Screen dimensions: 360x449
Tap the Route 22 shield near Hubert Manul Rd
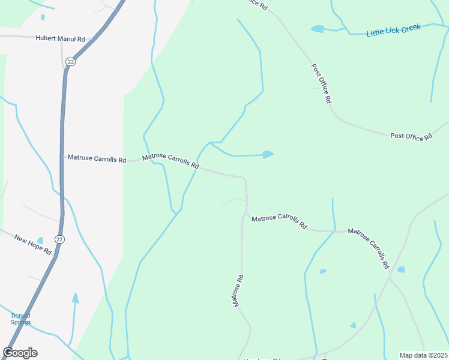[70, 61]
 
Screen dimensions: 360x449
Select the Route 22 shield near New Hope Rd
[59, 239]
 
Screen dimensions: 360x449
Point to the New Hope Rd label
[33, 244]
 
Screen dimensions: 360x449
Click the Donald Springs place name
[20, 319]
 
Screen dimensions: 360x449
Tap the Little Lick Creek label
[393, 31]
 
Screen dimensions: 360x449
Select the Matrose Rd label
[238, 291]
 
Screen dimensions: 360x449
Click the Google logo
[20, 353]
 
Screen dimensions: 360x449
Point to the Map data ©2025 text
[424, 355]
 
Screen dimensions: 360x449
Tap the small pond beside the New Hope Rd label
[40, 241]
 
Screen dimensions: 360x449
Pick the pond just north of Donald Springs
[75, 298]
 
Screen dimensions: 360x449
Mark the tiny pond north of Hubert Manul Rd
[43, 17]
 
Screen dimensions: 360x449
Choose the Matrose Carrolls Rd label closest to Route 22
[97, 159]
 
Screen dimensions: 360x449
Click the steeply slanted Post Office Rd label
[321, 84]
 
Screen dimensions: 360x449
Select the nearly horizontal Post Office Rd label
[411, 137]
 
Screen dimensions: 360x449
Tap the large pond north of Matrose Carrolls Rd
[268, 154]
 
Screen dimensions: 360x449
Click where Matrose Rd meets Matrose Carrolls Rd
[245, 214]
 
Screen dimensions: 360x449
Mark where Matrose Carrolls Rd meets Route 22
[62, 157]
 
